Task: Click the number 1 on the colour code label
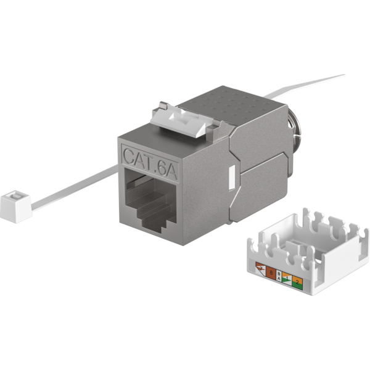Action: click(x=287, y=279)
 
